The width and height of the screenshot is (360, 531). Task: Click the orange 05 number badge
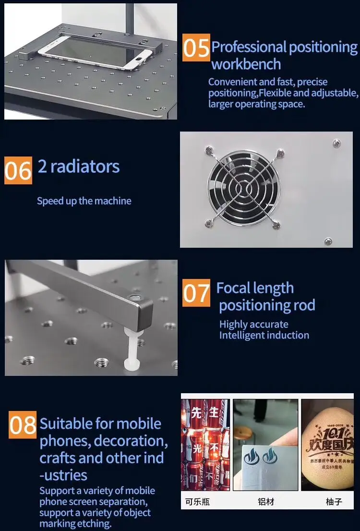point(196,48)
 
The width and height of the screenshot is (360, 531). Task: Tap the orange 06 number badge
point(18,170)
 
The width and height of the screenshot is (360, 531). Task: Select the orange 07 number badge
point(196,293)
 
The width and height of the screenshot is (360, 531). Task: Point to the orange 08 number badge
point(23,424)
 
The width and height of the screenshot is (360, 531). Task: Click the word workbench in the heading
point(246,64)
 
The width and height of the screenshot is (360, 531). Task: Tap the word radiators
point(84,167)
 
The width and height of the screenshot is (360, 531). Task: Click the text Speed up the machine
point(84,201)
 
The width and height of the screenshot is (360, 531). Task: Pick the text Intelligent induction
point(264,335)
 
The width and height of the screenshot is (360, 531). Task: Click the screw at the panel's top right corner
point(337,143)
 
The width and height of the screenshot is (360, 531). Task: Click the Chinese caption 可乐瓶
point(197,502)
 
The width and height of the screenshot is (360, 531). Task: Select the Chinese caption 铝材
point(266,502)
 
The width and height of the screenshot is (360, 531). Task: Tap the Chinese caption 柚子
point(334,502)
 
